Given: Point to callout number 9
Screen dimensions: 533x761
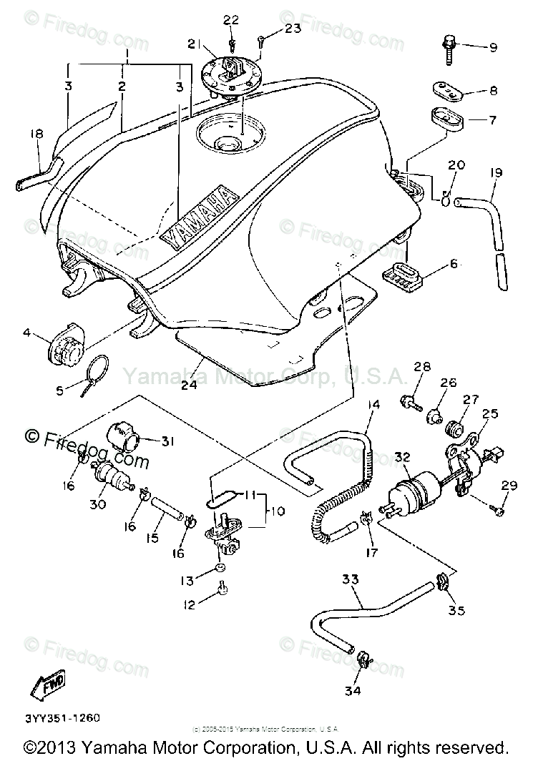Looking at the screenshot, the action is coord(492,49).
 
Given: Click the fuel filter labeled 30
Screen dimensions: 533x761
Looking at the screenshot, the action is coord(110,475).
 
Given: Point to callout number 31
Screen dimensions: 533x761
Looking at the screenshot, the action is coord(167,441).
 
